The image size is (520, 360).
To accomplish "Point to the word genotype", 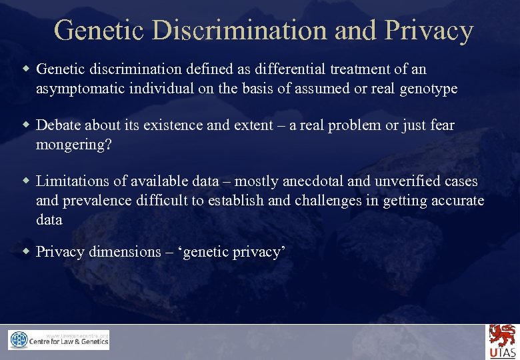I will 429,89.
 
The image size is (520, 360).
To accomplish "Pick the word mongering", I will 70,145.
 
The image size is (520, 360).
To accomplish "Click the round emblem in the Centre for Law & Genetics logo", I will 19,341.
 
